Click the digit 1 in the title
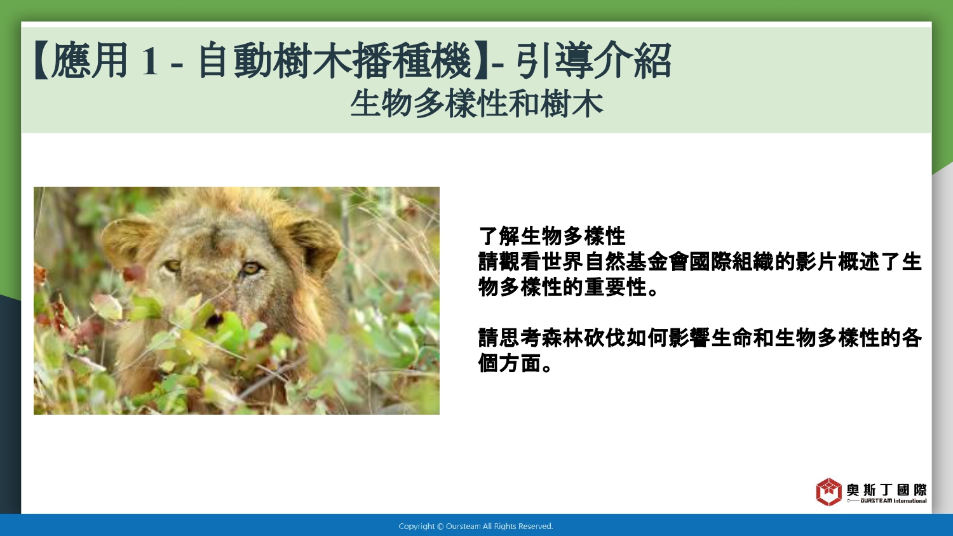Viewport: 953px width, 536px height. coord(150,61)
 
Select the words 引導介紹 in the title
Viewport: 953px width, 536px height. coord(594,60)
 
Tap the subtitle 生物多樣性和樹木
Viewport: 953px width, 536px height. coord(477,104)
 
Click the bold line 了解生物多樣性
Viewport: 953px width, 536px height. coord(552,236)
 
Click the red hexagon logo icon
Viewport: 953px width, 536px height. coord(828,492)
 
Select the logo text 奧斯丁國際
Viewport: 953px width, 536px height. coord(886,490)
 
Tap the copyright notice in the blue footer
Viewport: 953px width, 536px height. coord(476,526)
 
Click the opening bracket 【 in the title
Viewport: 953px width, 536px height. coord(41,60)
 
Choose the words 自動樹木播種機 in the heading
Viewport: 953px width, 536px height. coord(334,60)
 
